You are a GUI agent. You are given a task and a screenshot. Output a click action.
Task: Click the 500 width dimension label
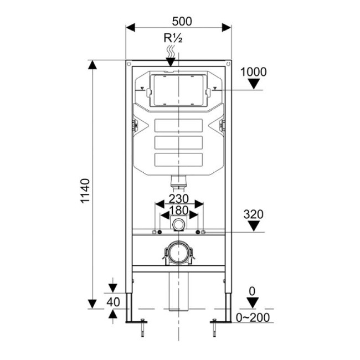[182, 22]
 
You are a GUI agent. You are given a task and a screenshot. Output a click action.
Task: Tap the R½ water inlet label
[173, 38]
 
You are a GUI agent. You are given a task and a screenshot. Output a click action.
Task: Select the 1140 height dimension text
[85, 191]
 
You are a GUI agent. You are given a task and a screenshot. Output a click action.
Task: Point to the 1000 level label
[254, 72]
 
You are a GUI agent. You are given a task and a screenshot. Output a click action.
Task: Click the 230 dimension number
[179, 199]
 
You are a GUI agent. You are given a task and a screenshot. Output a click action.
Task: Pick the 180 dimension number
[179, 210]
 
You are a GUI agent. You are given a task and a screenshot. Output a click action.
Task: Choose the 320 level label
[254, 214]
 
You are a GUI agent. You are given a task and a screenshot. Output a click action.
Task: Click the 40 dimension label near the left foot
[113, 302]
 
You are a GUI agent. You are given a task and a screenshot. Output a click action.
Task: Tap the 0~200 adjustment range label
[253, 318]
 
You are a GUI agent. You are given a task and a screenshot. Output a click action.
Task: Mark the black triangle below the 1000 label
[254, 84]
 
